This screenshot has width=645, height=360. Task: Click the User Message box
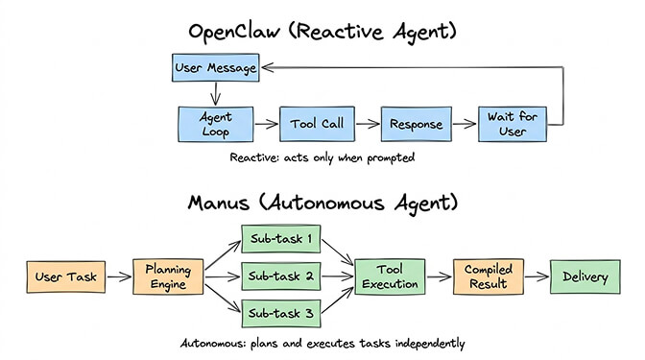coord(216,68)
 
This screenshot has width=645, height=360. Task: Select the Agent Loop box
coord(216,124)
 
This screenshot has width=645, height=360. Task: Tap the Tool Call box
coord(317,124)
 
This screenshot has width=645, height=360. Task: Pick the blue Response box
coord(417,124)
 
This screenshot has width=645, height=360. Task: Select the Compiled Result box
coord(486,277)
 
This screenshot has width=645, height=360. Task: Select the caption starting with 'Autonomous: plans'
coord(323,343)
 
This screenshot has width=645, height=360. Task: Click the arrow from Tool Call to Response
coord(369,124)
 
